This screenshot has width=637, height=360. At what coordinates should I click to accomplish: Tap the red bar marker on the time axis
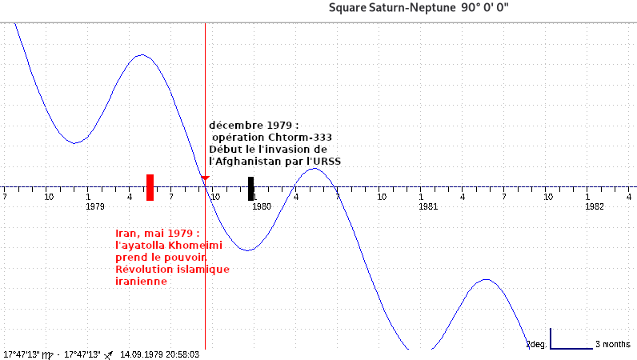(x=150, y=186)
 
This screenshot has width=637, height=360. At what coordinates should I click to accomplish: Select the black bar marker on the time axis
(x=250, y=189)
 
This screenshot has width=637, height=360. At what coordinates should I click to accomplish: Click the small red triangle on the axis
(x=206, y=178)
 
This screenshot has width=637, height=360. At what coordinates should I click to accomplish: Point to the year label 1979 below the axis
(x=95, y=206)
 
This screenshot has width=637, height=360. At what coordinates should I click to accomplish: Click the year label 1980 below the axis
(x=262, y=206)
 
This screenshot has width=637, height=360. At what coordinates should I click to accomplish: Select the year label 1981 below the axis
(x=428, y=206)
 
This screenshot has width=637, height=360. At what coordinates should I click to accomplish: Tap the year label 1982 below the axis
(x=594, y=206)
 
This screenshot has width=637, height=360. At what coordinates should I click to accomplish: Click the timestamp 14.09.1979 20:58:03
(x=159, y=354)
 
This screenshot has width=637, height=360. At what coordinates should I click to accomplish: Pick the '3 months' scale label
(x=613, y=345)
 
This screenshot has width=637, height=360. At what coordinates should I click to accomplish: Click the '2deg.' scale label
(x=536, y=345)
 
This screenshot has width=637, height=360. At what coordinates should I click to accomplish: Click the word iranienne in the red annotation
(x=141, y=282)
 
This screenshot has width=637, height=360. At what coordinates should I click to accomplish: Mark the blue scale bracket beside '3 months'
(x=571, y=346)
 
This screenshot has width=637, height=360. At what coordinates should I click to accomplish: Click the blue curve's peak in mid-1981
(x=485, y=279)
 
